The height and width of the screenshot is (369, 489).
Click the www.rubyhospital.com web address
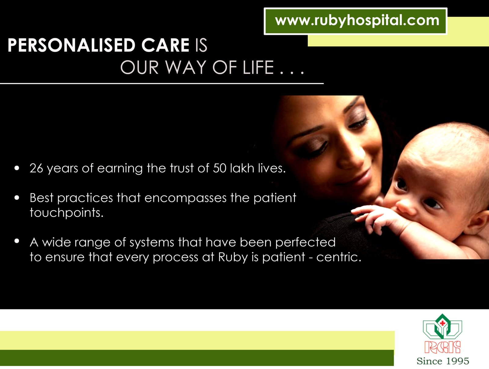(x=357, y=21)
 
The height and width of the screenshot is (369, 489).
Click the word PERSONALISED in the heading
(x=72, y=45)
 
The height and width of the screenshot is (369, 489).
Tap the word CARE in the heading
(x=165, y=45)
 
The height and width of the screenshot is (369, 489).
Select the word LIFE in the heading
(x=258, y=67)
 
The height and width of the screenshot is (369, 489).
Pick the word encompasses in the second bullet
(x=185, y=198)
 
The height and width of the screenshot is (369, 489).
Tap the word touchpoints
(x=67, y=213)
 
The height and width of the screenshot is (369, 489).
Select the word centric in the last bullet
(x=339, y=257)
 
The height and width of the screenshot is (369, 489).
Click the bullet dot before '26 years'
(x=17, y=168)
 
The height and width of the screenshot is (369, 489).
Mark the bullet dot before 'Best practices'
(x=17, y=198)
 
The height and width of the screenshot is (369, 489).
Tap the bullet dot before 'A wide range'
(x=17, y=241)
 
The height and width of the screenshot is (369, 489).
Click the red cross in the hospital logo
(x=443, y=323)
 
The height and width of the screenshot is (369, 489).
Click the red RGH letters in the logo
(x=443, y=347)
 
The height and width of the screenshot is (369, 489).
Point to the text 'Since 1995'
(x=443, y=361)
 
